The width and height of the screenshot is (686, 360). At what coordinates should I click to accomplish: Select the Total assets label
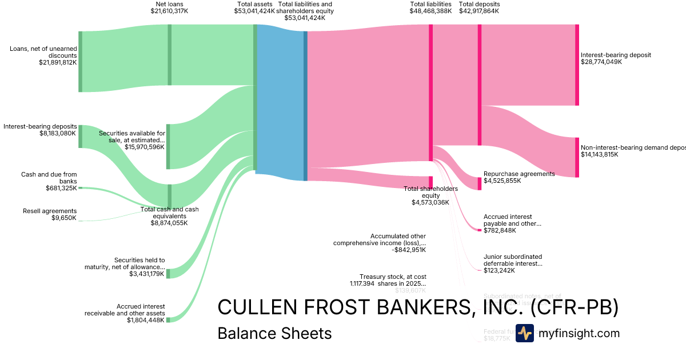pyautogui.click(x=254, y=4)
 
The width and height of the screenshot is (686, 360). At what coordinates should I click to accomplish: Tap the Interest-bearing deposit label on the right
pyautogui.click(x=616, y=55)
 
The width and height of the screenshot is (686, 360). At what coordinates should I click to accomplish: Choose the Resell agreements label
pyautogui.click(x=49, y=211)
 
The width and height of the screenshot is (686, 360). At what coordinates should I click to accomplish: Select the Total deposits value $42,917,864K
pyautogui.click(x=480, y=11)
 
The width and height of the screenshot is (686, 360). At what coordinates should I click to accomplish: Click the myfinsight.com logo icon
pyautogui.click(x=524, y=333)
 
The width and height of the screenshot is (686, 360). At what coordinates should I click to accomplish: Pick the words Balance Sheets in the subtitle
pyautogui.click(x=274, y=333)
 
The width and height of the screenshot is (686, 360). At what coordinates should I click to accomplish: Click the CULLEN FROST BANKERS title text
pyautogui.click(x=417, y=307)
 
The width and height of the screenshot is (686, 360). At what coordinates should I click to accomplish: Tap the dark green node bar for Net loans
pyautogui.click(x=169, y=55)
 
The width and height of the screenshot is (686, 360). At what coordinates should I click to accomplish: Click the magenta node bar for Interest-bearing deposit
pyautogui.click(x=577, y=65)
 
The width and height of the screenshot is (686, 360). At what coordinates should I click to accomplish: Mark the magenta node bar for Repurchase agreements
pyautogui.click(x=479, y=183)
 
